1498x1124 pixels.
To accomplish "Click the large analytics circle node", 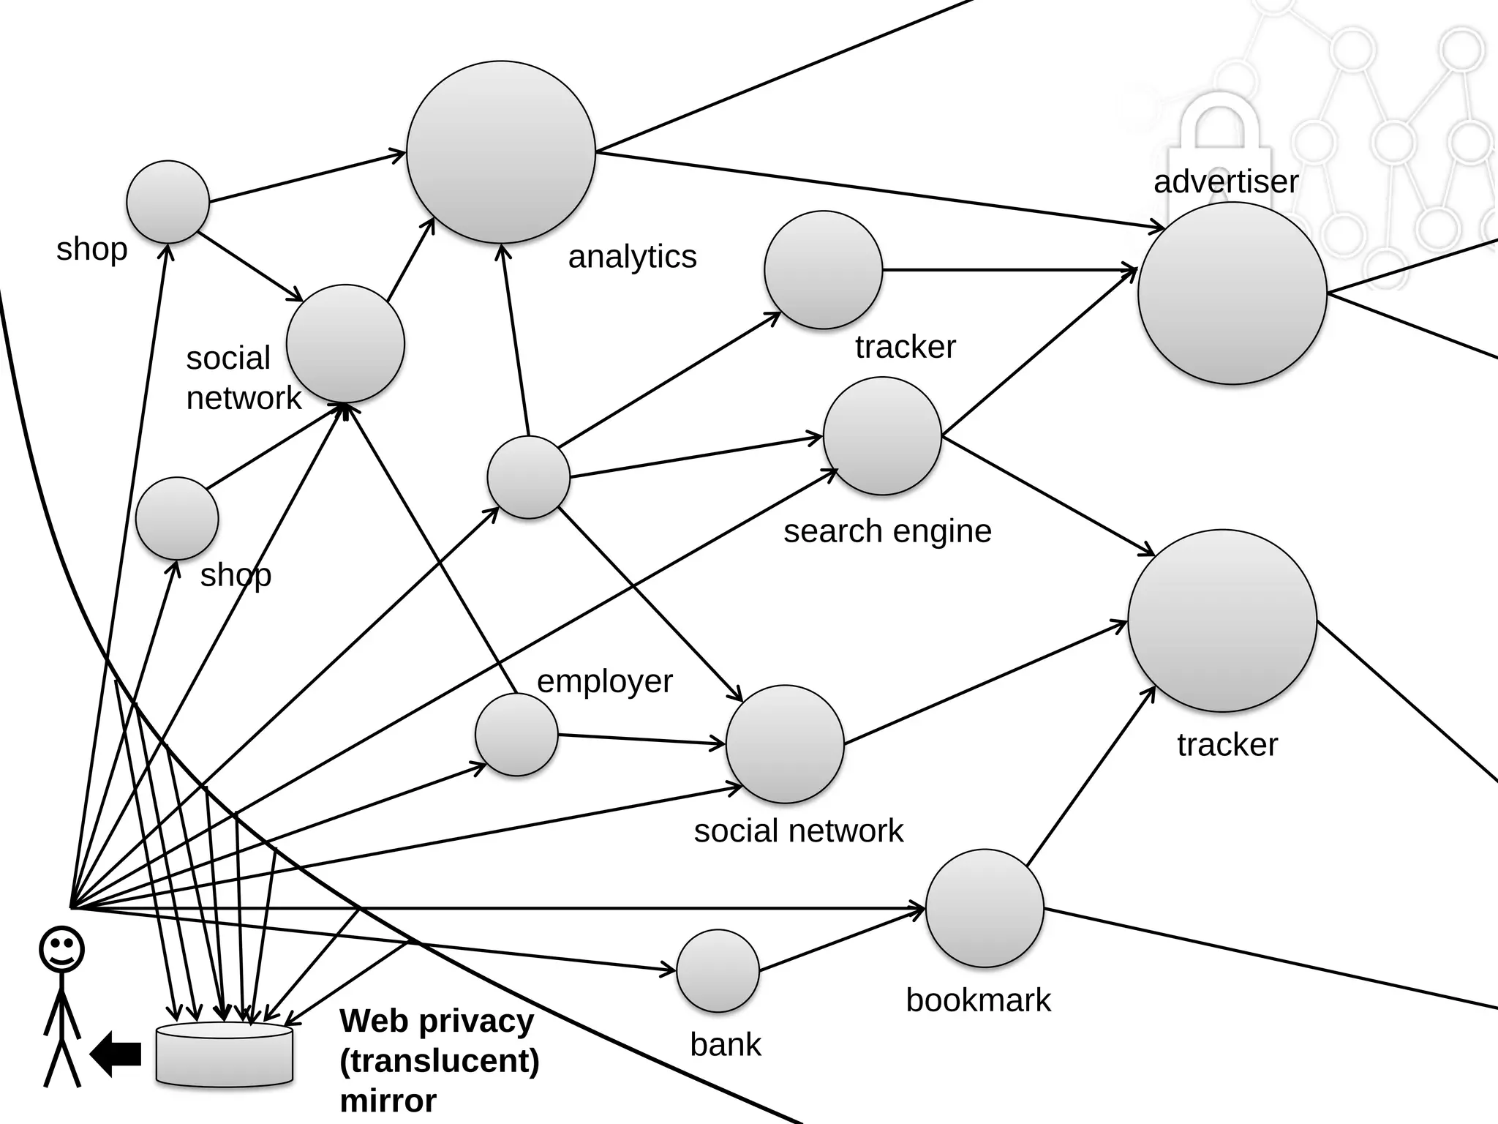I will click(501, 152).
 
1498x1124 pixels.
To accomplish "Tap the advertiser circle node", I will click(1232, 293).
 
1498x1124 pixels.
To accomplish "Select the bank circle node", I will click(718, 971).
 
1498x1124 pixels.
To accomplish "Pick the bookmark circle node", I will click(985, 908).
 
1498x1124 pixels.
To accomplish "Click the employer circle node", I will click(516, 735).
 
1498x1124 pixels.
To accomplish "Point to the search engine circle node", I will click(882, 436).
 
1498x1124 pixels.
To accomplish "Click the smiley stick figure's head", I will click(61, 949).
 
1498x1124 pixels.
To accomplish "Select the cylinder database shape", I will click(225, 1054).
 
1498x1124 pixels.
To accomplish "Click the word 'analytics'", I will click(632, 257).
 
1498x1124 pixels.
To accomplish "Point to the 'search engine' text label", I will click(887, 531).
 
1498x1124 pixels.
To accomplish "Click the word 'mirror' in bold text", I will click(388, 1101).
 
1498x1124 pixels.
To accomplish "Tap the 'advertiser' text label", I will click(1226, 181).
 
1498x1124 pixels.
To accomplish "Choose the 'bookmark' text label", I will click(978, 1000).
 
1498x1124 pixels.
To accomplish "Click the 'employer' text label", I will click(604, 681).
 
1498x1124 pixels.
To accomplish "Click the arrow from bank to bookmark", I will click(841, 940).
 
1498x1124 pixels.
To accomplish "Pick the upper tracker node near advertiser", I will click(823, 270).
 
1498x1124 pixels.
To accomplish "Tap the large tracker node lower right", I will click(1222, 621).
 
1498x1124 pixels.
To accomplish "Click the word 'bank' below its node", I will click(726, 1044).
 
